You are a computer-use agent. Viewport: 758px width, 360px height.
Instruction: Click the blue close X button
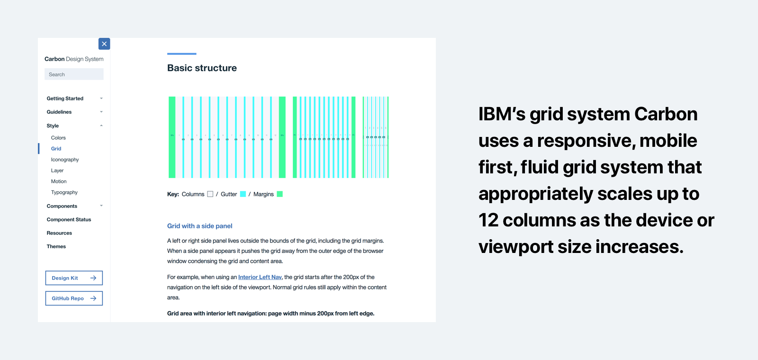point(104,44)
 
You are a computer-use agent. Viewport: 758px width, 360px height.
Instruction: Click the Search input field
point(74,74)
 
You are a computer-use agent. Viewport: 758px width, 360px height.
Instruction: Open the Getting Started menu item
point(65,99)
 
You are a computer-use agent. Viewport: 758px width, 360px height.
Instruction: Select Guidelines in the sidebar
point(59,112)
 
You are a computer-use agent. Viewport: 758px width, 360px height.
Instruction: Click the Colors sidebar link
point(58,138)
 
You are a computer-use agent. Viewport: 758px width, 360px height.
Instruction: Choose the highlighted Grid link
point(56,149)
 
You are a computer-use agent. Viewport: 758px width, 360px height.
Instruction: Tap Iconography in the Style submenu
point(65,160)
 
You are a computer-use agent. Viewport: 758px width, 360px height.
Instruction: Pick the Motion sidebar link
point(59,181)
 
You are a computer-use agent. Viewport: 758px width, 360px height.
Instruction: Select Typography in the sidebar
point(64,192)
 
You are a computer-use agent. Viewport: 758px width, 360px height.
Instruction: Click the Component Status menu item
point(69,220)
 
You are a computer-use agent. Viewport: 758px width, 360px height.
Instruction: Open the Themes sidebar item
point(56,247)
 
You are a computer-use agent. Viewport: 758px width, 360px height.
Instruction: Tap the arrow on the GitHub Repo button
point(93,298)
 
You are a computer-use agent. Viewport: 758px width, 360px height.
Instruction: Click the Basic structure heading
point(202,68)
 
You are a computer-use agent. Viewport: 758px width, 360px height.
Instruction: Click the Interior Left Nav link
point(260,277)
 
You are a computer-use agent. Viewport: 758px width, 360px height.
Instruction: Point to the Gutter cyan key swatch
point(243,194)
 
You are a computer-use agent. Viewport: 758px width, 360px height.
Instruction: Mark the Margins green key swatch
point(280,194)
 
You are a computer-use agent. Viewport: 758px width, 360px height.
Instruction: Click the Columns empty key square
point(210,194)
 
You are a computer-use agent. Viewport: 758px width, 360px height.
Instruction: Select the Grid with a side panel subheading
point(199,226)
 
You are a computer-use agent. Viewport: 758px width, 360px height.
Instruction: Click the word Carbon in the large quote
point(666,114)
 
